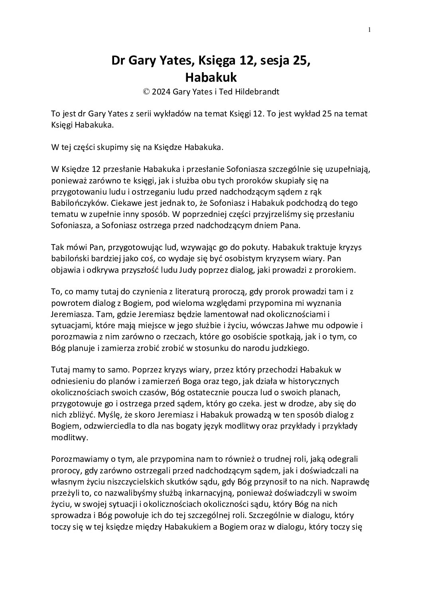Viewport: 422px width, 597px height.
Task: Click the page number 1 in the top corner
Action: coord(370,30)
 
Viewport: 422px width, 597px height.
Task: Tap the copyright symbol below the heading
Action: coord(146,92)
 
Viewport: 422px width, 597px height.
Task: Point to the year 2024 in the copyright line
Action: coord(162,92)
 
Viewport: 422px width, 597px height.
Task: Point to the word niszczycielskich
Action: coord(144,470)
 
